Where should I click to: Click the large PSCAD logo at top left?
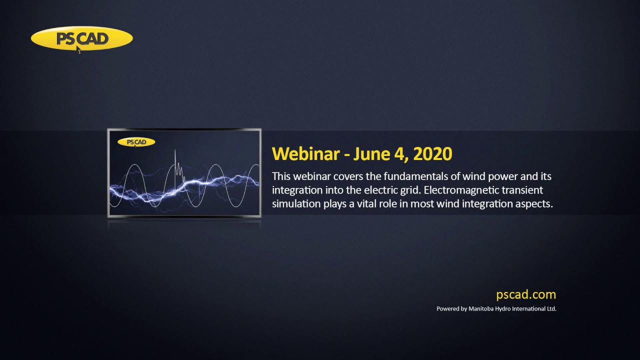[x=81, y=39]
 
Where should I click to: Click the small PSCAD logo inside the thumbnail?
[x=136, y=142]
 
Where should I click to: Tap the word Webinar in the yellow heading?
[x=305, y=153]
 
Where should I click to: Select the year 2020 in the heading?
[x=432, y=154]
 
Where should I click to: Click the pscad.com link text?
[x=526, y=294]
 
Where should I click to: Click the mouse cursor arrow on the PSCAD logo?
[x=78, y=49]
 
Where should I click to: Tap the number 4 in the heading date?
[x=399, y=154]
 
